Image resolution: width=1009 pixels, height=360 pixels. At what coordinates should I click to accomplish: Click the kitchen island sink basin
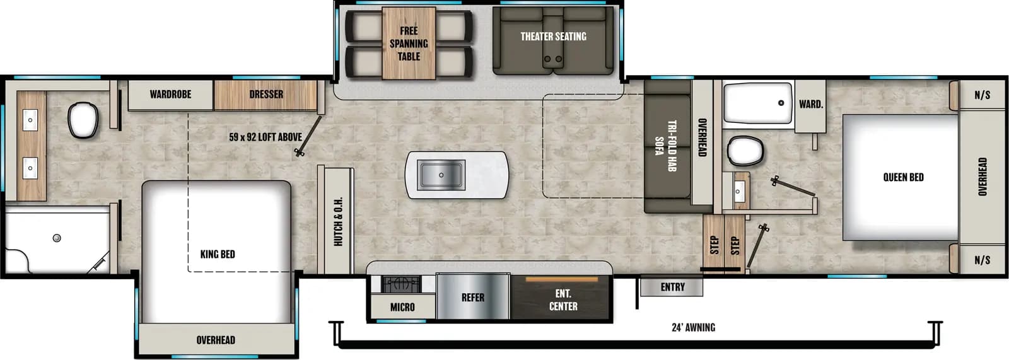coord(441,175)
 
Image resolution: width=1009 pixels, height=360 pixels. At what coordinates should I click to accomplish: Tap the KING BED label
coord(218,254)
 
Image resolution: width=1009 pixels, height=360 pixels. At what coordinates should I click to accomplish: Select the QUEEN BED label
coord(903,177)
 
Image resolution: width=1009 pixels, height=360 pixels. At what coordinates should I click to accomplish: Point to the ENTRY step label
coord(672,287)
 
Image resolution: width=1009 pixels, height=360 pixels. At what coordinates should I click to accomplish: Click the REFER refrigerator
coord(473,297)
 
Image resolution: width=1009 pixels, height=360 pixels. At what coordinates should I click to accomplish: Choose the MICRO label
coord(402,307)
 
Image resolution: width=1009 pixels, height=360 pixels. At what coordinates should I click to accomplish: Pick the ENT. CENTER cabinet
coord(563,299)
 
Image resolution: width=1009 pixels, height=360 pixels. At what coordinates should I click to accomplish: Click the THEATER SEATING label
coord(553,37)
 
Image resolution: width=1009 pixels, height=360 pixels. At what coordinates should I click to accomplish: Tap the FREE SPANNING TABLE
coord(409,44)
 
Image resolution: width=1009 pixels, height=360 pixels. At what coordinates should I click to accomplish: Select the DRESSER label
coord(265,95)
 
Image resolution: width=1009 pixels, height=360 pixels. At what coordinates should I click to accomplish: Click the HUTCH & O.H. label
coord(338,221)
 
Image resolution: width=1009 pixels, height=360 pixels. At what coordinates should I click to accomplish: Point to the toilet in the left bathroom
coord(82,120)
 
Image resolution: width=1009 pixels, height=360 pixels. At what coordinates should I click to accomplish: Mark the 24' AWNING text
coord(693,327)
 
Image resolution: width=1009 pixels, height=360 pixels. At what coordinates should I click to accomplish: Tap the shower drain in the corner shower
coord(57,238)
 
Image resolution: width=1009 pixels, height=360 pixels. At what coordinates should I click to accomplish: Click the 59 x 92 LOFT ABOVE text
coord(265,137)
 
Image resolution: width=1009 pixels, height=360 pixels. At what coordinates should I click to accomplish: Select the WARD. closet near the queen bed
coord(810,104)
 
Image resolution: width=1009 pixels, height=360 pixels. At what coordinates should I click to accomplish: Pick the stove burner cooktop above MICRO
coord(402,285)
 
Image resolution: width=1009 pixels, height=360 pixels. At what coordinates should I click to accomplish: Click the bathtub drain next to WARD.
coord(781,103)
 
